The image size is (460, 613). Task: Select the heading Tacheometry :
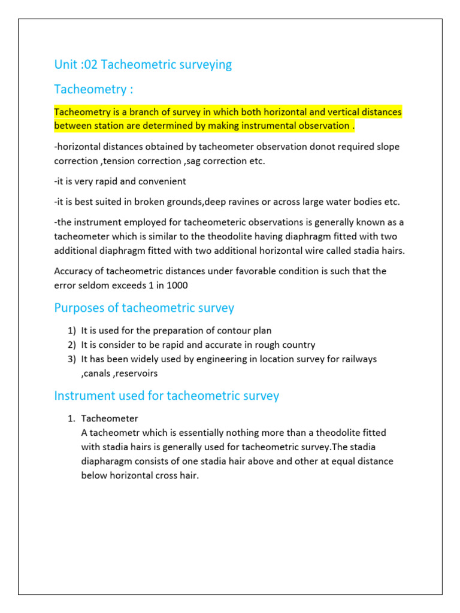(x=93, y=89)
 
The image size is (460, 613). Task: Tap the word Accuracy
(x=75, y=271)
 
